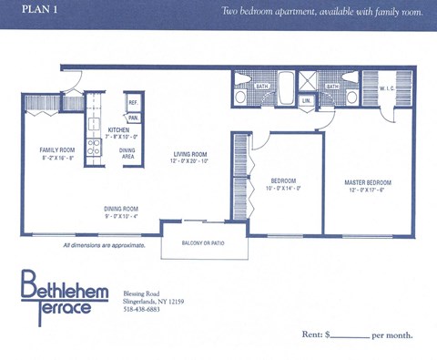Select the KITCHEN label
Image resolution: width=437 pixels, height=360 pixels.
[119, 130]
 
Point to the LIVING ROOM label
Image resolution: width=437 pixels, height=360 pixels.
[192, 154]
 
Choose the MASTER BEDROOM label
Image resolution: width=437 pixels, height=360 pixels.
[368, 182]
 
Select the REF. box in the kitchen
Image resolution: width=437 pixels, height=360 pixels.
[133, 103]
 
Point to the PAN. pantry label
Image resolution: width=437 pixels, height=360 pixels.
[133, 118]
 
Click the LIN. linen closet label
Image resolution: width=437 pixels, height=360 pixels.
[307, 100]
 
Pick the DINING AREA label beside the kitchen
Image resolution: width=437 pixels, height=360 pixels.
[127, 153]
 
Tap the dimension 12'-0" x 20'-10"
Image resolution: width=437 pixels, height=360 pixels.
[192, 161]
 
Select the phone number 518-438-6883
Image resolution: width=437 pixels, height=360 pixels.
[141, 309]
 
